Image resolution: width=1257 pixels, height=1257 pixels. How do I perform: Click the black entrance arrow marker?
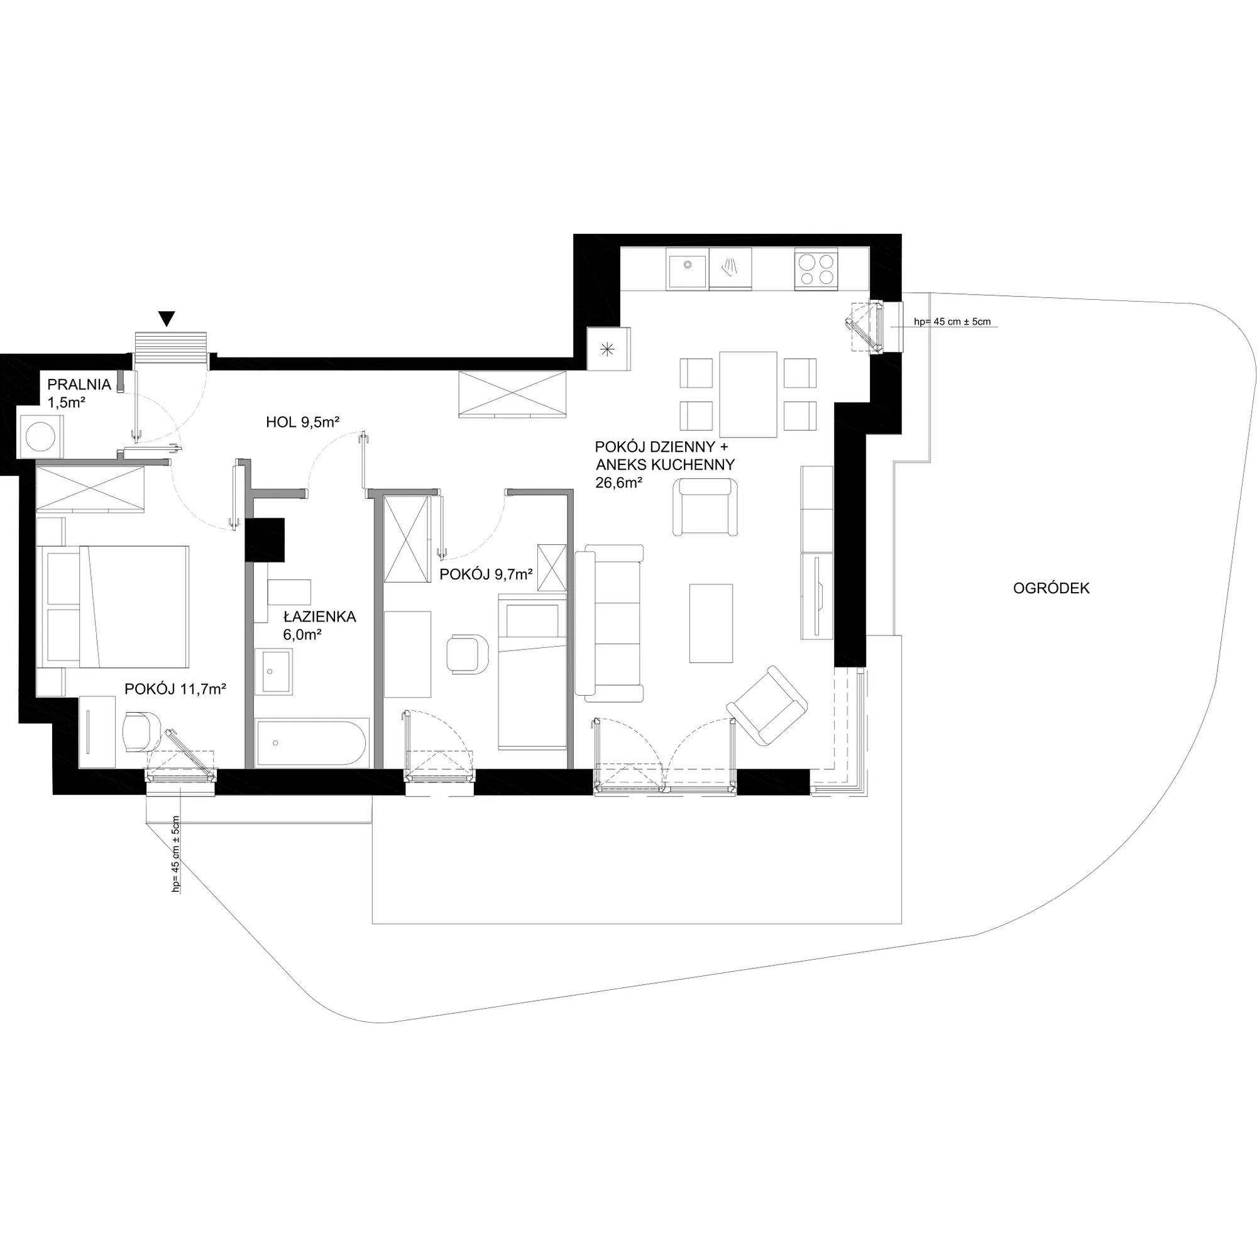pyautogui.click(x=168, y=319)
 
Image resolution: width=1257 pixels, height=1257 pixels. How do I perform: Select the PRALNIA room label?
pyautogui.click(x=74, y=384)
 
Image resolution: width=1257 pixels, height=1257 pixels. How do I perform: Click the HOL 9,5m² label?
pyautogui.click(x=303, y=422)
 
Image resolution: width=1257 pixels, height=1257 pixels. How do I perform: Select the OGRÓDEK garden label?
pyautogui.click(x=1051, y=589)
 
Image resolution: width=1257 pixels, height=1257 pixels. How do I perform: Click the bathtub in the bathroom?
pyautogui.click(x=312, y=742)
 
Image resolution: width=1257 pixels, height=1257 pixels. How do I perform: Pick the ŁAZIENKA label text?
pyautogui.click(x=319, y=617)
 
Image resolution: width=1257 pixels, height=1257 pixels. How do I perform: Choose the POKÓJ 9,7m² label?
pyautogui.click(x=486, y=574)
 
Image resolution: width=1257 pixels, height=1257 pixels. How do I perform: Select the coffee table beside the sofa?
pyautogui.click(x=711, y=623)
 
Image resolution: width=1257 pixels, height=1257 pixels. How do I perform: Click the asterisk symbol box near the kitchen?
pyautogui.click(x=608, y=349)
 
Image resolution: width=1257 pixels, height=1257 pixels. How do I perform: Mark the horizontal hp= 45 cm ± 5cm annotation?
pyautogui.click(x=953, y=321)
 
